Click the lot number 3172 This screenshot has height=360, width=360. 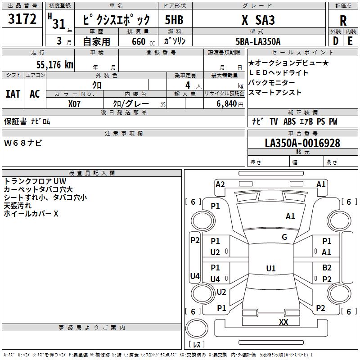pos(22,19)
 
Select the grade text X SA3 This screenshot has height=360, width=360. pos(258,20)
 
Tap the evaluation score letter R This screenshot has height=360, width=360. pos(343,20)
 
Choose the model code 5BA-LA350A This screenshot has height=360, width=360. pos(258,41)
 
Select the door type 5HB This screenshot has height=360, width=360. pos(174,20)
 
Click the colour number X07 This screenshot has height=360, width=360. pos(75,103)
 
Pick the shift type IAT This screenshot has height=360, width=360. pos(13,94)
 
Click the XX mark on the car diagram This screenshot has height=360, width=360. pos(283,322)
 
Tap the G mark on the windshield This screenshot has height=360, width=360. pos(284,237)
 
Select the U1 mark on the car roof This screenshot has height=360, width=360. pos(270,269)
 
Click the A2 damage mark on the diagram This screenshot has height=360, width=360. pos(220,184)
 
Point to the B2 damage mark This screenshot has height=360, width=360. pos(327,267)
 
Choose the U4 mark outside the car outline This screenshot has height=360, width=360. pos(194,276)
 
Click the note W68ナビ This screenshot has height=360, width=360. pos(23,143)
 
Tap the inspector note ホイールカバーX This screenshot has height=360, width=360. pos(31,214)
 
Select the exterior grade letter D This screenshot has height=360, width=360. pos(335,41)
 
